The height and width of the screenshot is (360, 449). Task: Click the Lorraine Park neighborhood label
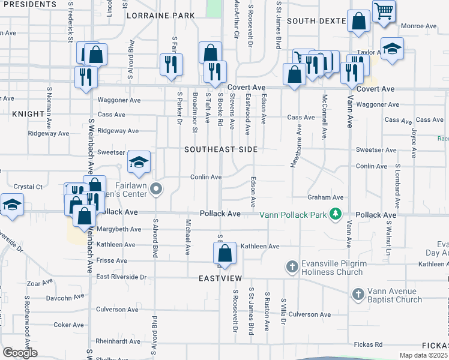161,15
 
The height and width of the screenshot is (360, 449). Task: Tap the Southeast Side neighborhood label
221,149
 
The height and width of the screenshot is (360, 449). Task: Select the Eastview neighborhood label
221,279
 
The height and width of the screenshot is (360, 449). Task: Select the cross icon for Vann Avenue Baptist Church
358,295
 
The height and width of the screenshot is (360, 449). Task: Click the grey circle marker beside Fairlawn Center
156,190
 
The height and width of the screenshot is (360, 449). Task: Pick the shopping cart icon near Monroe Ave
384,10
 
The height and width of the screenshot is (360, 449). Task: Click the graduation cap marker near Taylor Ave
392,49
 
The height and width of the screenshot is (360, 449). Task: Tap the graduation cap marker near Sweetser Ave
138,161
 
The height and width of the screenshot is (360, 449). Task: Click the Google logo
20,353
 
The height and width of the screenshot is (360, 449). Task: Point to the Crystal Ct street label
26,187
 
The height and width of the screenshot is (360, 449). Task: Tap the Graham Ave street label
325,197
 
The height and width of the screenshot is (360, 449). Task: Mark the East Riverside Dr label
121,277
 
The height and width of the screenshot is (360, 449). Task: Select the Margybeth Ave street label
120,229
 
